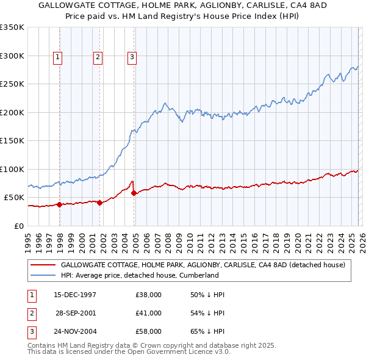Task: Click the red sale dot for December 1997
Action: (60, 204)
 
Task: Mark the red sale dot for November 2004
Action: (134, 193)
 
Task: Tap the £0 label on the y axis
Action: (20, 226)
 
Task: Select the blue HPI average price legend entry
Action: (140, 275)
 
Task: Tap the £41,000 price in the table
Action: (149, 313)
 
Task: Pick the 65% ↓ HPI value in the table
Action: (207, 331)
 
